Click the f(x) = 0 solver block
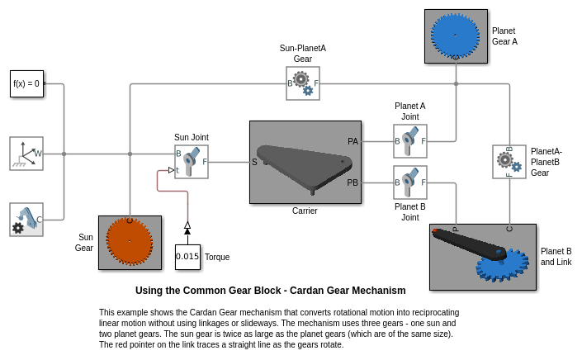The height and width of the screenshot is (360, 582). click(26, 83)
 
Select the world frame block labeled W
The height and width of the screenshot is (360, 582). click(26, 154)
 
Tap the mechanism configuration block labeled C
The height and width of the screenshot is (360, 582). click(26, 220)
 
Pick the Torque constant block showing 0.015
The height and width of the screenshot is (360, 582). click(187, 256)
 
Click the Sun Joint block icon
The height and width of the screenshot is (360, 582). click(192, 162)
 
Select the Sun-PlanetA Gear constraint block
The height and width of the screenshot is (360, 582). click(303, 83)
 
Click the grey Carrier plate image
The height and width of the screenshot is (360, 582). click(305, 162)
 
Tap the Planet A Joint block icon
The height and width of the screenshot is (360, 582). click(410, 141)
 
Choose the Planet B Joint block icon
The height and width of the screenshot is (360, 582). click(410, 182)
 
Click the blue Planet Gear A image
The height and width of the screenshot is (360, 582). click(456, 36)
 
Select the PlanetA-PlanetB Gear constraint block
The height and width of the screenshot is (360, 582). click(509, 162)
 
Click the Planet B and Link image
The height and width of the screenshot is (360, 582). click(483, 257)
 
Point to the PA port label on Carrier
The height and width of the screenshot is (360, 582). click(353, 141)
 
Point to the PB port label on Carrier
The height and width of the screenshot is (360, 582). click(353, 182)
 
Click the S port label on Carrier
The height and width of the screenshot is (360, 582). click(254, 162)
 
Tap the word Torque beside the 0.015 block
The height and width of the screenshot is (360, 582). click(217, 257)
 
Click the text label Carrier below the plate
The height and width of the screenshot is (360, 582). click(305, 211)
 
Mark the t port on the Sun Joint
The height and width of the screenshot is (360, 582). click(177, 170)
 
